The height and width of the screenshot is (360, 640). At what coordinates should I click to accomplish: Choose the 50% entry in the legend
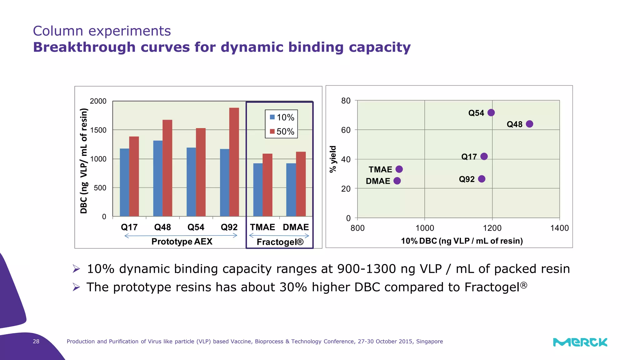(x=282, y=132)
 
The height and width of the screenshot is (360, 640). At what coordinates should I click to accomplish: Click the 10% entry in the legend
(x=282, y=117)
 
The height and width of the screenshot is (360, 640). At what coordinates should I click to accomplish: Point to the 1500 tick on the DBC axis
(x=98, y=130)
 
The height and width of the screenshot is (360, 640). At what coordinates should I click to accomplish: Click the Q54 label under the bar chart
(x=196, y=227)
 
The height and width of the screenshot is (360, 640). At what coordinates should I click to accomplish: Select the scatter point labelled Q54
(x=491, y=112)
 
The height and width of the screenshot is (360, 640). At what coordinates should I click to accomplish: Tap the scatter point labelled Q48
(x=529, y=124)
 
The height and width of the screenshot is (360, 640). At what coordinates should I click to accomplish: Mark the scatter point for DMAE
(x=397, y=181)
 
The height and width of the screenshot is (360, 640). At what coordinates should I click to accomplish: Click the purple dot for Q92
(x=482, y=179)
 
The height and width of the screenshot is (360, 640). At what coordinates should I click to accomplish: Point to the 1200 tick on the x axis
(x=492, y=228)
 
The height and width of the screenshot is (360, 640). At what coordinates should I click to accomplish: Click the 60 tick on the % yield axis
(x=346, y=130)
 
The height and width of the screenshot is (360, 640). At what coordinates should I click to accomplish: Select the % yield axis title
(x=333, y=159)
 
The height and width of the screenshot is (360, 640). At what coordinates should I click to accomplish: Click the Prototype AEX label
(x=182, y=242)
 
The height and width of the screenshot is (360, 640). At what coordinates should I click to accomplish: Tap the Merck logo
(x=580, y=342)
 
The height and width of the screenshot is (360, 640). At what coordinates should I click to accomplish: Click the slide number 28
(x=36, y=341)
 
